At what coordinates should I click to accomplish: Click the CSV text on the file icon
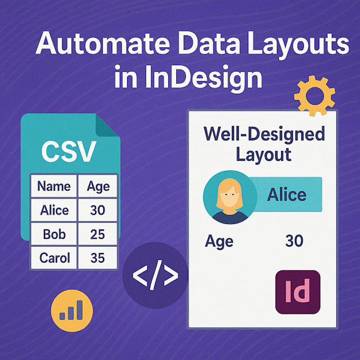(68, 151)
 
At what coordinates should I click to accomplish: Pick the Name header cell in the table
(54, 186)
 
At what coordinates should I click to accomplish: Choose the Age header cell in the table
(98, 186)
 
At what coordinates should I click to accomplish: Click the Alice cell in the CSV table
(54, 210)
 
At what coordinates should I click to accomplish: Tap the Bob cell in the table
(54, 234)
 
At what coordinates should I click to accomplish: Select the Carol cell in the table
(54, 258)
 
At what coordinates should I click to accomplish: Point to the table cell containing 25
(98, 234)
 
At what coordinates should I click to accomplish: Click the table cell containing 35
(98, 258)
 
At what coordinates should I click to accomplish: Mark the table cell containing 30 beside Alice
(98, 210)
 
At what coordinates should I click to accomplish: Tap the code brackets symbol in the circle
(155, 275)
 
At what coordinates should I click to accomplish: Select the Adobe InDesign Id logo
(298, 292)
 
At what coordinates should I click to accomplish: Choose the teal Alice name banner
(286, 194)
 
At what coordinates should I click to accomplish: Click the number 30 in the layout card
(294, 241)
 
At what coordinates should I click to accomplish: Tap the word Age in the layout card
(219, 241)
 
